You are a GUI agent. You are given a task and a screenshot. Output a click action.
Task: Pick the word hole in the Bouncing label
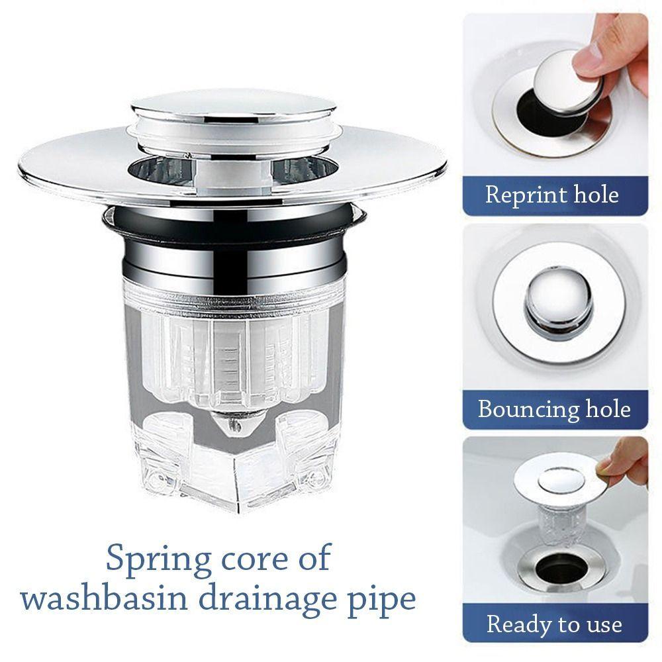(x=608, y=408)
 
